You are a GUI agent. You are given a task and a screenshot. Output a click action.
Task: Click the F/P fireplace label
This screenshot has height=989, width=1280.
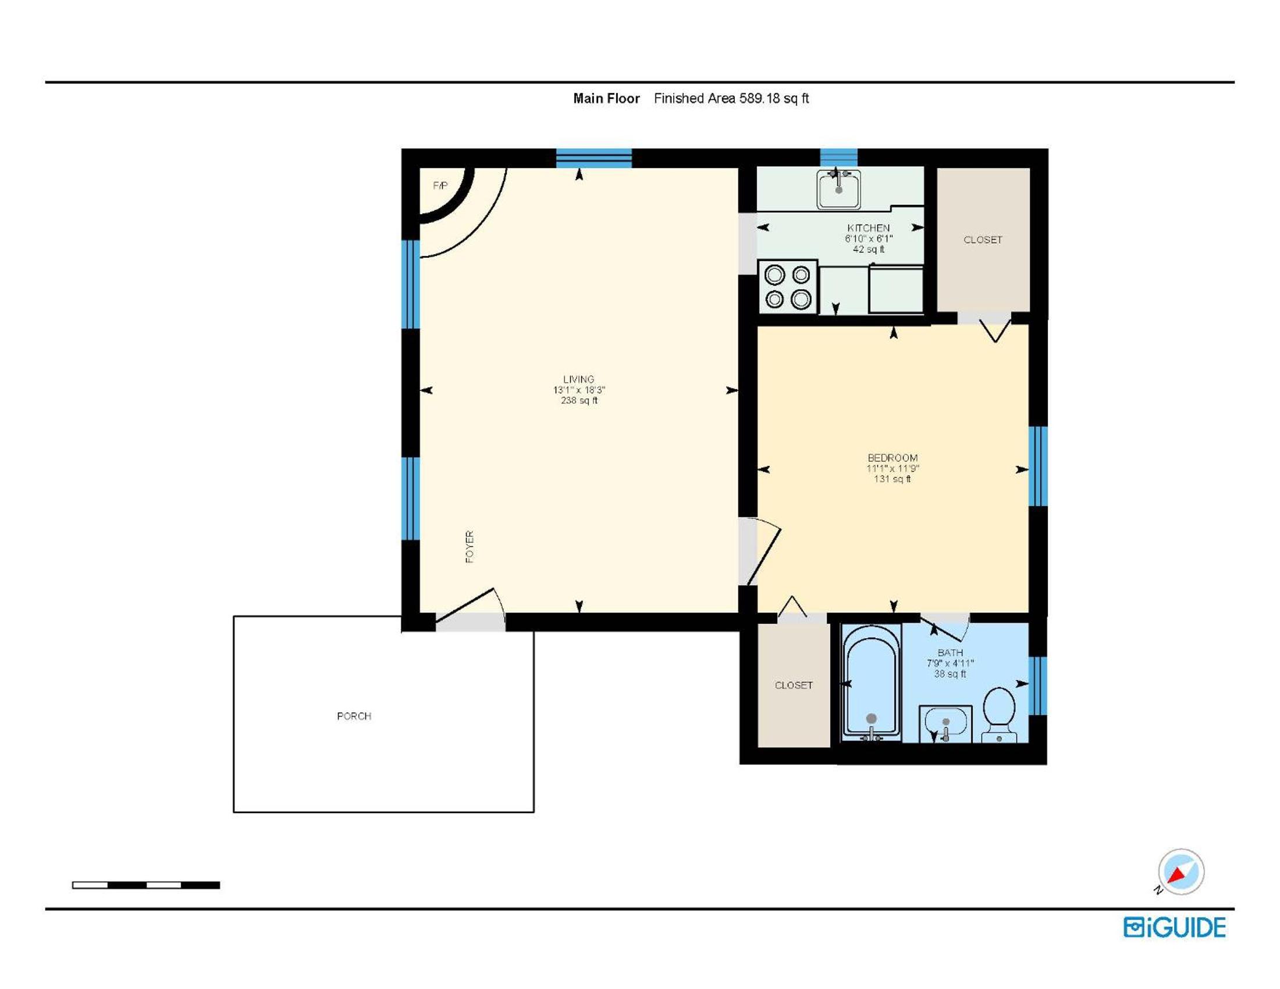point(440,186)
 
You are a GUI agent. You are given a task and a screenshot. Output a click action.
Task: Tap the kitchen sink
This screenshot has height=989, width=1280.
point(838,188)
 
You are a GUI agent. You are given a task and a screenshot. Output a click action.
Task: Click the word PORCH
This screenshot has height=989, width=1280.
point(354,716)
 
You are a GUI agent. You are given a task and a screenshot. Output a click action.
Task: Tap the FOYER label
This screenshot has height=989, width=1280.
point(470,547)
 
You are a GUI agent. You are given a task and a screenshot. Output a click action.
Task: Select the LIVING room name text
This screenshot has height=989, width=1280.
point(578,379)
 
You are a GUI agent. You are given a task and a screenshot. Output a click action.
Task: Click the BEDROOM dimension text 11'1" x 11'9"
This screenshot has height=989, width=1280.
point(893,468)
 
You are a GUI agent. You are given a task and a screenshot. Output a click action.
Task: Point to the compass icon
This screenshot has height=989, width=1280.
point(1181,871)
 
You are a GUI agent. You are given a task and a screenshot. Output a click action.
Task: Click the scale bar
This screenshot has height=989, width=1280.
point(146,885)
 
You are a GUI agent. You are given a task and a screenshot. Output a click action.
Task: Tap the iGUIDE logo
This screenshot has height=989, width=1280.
point(1175,927)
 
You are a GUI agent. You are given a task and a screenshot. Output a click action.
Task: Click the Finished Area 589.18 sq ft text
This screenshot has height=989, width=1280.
point(731,98)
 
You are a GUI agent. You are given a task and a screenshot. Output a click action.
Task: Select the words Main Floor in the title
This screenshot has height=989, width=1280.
point(607,98)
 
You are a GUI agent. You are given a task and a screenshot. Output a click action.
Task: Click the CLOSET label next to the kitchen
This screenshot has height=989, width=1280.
point(983,240)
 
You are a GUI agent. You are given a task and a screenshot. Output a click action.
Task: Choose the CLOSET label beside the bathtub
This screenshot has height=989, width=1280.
point(794,685)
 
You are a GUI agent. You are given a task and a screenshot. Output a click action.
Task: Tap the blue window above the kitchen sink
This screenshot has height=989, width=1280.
point(838,158)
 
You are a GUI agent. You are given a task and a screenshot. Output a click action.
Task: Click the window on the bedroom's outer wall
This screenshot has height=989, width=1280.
point(1038,467)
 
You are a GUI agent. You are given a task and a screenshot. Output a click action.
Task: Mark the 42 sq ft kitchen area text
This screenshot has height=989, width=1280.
point(869,249)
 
